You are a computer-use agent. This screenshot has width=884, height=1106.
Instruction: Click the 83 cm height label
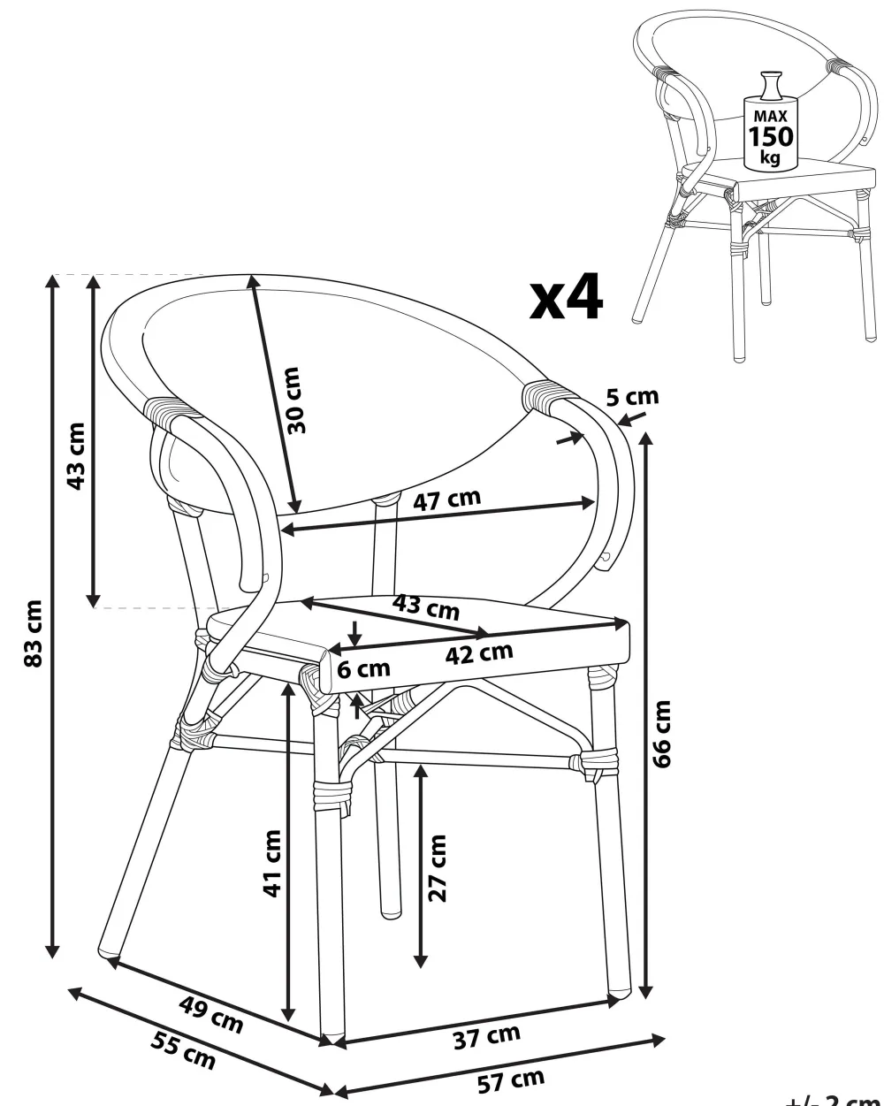point(34,634)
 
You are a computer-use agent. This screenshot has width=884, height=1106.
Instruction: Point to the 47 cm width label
point(447,500)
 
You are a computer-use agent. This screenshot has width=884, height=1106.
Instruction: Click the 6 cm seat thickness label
point(363,669)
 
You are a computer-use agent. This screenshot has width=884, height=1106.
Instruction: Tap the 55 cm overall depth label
point(181,1053)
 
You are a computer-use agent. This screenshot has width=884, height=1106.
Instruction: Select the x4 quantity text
point(566,297)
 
